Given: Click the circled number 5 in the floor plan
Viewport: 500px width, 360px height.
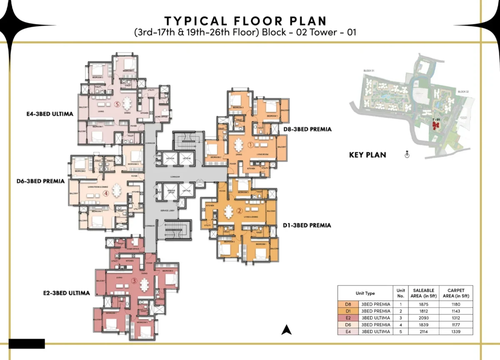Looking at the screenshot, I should point(117,105).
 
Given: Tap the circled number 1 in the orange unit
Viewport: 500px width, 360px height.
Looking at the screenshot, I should point(250,145).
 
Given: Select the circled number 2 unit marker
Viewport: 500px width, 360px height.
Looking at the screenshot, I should point(239,211).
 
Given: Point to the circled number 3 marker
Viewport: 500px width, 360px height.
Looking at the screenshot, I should point(134,281).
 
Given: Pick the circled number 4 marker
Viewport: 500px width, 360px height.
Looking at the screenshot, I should point(106,193).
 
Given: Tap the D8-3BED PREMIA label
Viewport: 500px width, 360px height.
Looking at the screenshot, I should point(307,129).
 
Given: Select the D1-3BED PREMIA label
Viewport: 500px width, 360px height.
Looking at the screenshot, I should point(307,225).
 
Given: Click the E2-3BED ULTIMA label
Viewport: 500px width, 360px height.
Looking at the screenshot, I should point(66,293).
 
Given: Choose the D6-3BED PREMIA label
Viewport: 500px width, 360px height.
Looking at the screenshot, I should point(40,181).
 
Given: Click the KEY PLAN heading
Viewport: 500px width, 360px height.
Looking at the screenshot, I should point(367,155).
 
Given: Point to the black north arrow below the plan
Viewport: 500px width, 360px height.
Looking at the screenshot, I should point(285,330).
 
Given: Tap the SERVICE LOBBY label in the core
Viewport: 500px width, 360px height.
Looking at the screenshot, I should point(169,210).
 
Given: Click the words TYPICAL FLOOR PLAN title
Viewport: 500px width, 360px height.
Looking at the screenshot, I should point(246,21).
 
